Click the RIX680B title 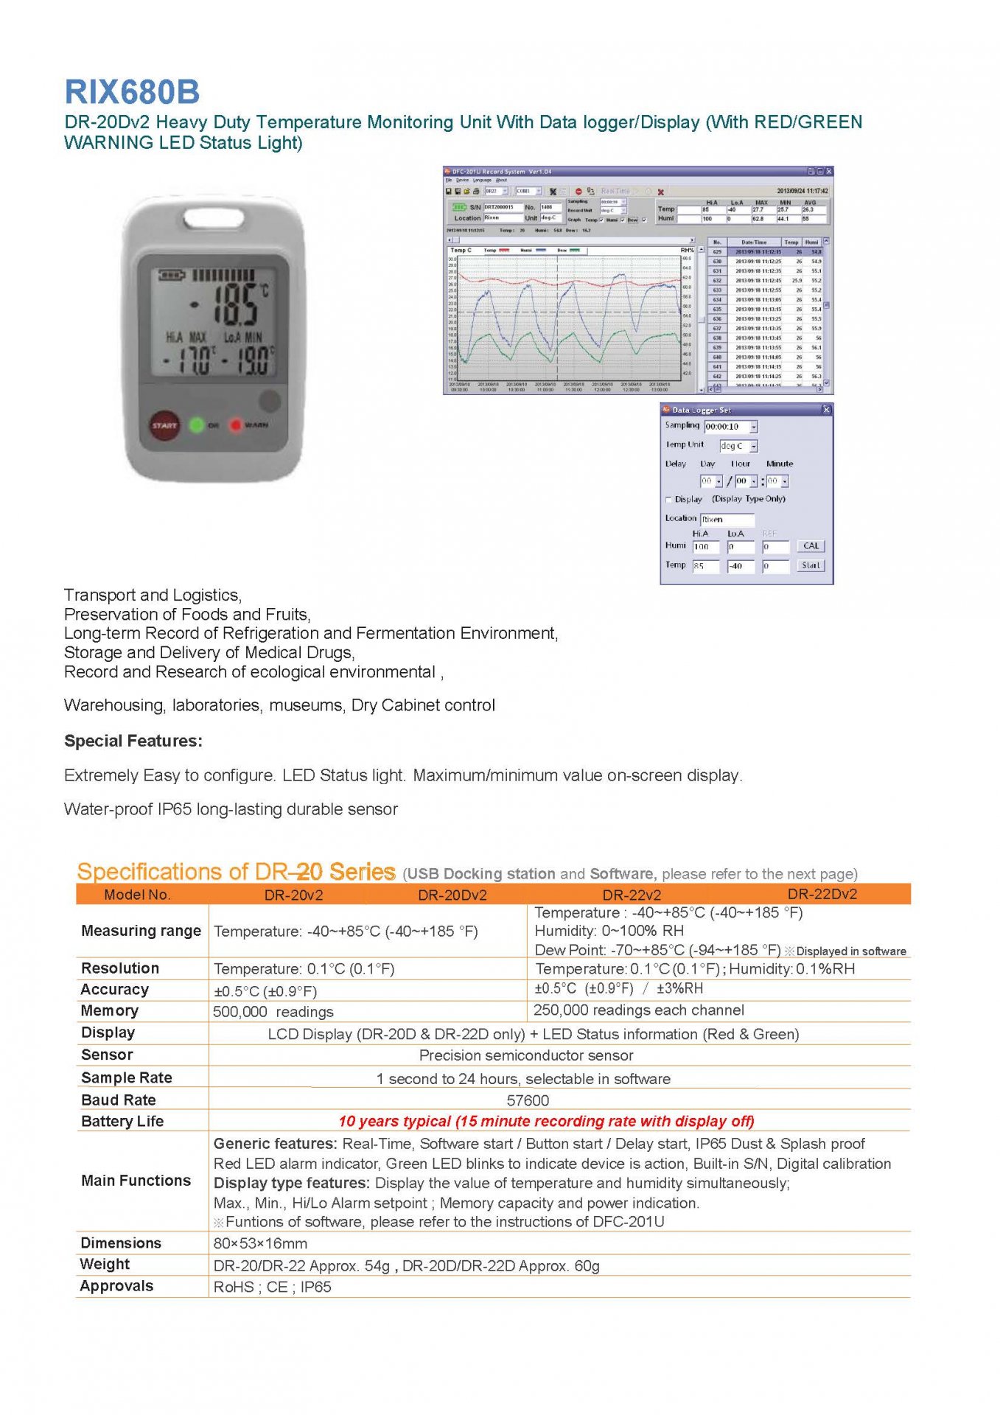click(132, 92)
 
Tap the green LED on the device click(197, 425)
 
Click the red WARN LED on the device click(235, 425)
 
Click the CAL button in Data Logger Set click(811, 546)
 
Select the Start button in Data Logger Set click(811, 565)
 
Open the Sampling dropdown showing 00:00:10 click(753, 427)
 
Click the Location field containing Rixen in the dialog click(727, 519)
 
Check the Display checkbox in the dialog click(669, 500)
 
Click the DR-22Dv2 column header click(822, 894)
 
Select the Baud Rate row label click(119, 1100)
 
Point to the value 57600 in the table click(528, 1100)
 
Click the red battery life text click(546, 1121)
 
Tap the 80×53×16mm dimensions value click(260, 1243)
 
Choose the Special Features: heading click(133, 741)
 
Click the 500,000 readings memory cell click(273, 1012)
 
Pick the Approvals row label click(117, 1286)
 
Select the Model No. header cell click(137, 895)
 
